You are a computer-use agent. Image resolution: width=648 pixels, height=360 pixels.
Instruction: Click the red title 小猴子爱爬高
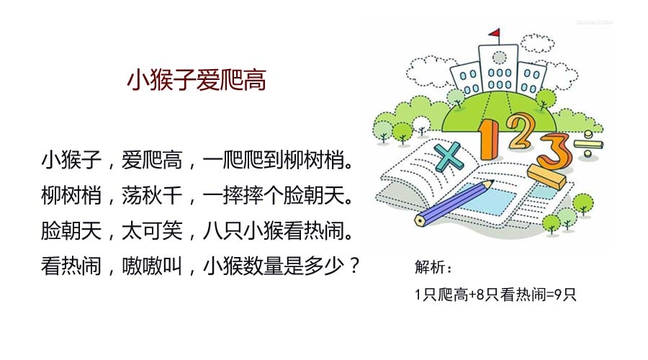[197, 80]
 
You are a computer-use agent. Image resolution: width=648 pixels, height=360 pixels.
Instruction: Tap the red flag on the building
[494, 32]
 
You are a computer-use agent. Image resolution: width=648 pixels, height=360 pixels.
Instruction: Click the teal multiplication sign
[449, 156]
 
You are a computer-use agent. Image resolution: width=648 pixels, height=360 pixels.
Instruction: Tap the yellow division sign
[588, 144]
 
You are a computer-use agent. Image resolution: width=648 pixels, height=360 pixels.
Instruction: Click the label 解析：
[433, 267]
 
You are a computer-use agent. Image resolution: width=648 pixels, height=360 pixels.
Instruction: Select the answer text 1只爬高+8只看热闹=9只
[495, 294]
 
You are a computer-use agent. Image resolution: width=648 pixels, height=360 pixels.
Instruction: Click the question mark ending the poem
[354, 266]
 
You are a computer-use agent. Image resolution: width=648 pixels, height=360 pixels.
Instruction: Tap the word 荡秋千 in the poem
[152, 195]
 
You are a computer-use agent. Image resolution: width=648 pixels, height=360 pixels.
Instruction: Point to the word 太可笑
[152, 230]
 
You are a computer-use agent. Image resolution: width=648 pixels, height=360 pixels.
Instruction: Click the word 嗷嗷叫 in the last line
[152, 266]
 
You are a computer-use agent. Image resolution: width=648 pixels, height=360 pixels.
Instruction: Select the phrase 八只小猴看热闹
[273, 230]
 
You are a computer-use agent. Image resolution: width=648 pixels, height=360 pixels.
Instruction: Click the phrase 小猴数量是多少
[273, 266]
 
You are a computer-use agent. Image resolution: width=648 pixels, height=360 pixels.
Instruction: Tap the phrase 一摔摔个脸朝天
[273, 195]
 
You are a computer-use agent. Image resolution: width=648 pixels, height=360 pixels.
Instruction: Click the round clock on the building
[499, 58]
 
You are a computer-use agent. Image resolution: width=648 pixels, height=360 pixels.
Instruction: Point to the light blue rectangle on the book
[487, 199]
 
